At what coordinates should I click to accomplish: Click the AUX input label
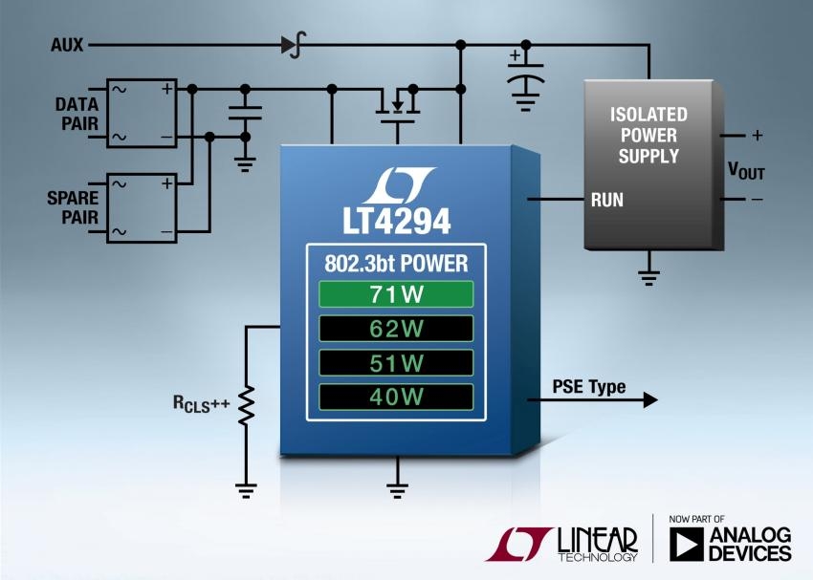click(x=68, y=45)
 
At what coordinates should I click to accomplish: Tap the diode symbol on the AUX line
click(x=292, y=45)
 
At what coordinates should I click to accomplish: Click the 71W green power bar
click(x=396, y=294)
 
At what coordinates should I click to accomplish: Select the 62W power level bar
click(x=396, y=329)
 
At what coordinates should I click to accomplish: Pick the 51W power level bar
click(x=396, y=363)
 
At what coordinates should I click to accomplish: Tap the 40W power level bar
click(x=396, y=397)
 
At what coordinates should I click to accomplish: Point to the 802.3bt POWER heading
click(x=396, y=262)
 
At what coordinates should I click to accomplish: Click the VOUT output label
click(x=746, y=172)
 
